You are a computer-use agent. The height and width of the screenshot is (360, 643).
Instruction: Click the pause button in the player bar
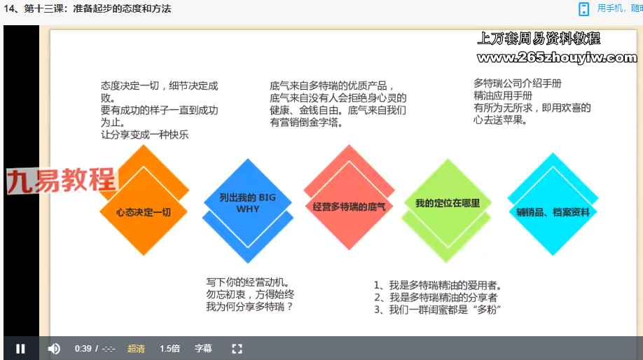(x=20, y=349)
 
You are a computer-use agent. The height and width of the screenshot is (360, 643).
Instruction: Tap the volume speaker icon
(x=54, y=349)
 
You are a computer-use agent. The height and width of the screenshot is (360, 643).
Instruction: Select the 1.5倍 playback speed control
(x=170, y=349)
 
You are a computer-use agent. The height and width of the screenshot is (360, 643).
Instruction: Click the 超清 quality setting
(x=136, y=349)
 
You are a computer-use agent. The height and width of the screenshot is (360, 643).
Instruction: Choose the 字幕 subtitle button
(x=203, y=349)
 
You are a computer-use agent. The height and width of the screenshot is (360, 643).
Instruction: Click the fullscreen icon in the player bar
(x=237, y=349)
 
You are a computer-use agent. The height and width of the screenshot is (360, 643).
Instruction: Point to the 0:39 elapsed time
(x=83, y=349)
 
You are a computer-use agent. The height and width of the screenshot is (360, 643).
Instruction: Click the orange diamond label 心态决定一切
(x=144, y=212)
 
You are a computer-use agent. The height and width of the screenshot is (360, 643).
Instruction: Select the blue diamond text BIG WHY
(x=248, y=203)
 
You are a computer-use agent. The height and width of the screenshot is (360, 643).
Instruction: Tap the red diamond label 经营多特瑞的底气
(x=349, y=207)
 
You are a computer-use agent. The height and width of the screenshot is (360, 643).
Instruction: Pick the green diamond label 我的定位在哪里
(x=448, y=203)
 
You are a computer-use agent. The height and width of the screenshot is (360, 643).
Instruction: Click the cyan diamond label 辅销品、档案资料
(x=553, y=212)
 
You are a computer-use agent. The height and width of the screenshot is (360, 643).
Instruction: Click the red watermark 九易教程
(x=62, y=180)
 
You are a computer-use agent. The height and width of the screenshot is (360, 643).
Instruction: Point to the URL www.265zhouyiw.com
(x=557, y=57)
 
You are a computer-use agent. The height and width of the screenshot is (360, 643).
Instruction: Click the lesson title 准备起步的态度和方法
(x=122, y=8)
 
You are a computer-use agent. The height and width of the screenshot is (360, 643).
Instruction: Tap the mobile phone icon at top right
(x=583, y=9)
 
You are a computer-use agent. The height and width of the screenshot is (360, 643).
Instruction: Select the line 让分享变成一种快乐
(x=144, y=134)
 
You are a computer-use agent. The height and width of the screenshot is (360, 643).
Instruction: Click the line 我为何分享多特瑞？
(x=249, y=306)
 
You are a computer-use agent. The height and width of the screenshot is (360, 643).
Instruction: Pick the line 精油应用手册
(x=503, y=95)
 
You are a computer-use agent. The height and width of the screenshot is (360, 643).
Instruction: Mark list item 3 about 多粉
(x=437, y=309)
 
